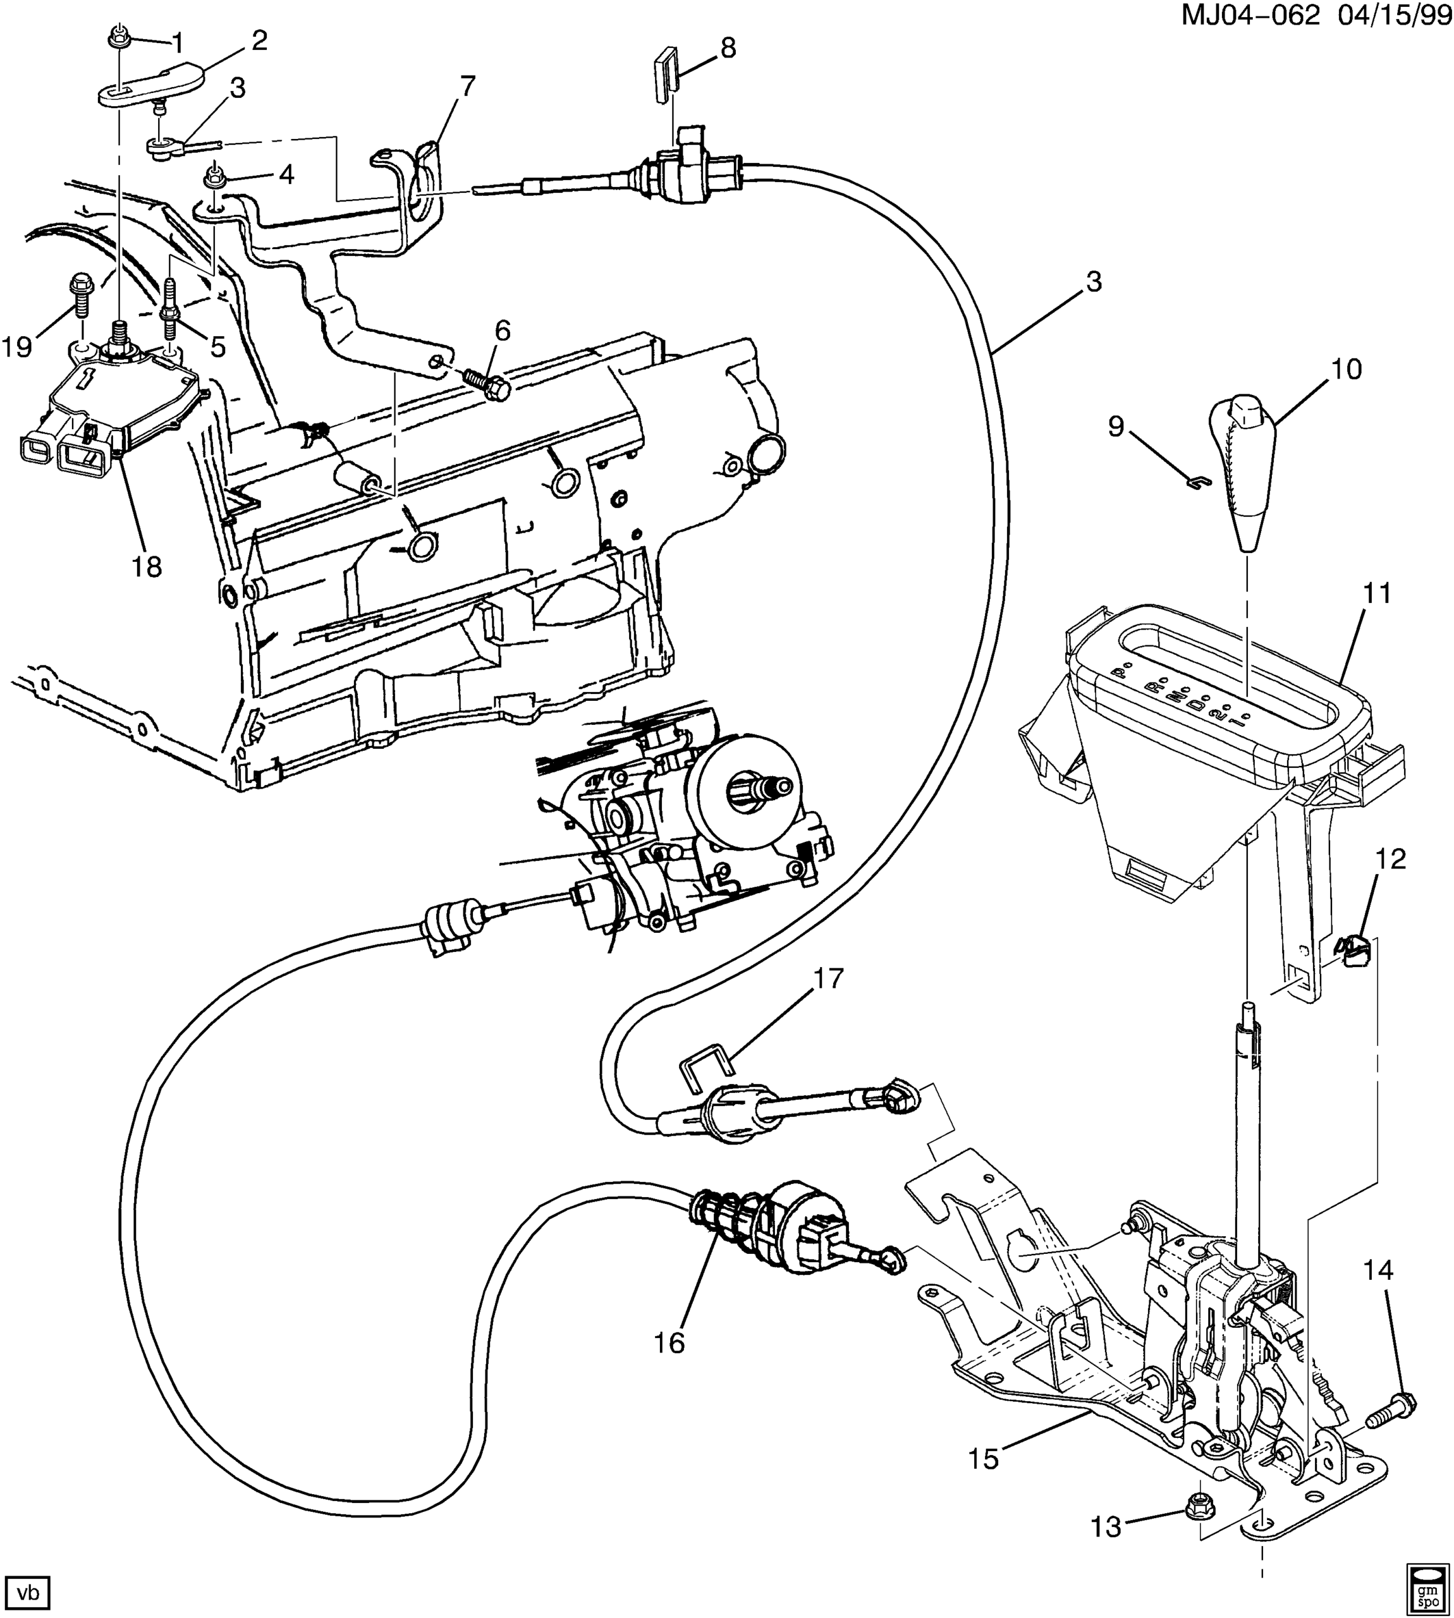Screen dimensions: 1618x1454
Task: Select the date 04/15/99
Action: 1391,15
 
